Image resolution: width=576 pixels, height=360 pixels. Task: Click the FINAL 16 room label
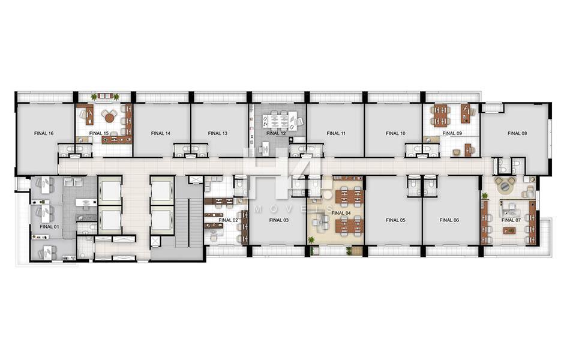[44, 133]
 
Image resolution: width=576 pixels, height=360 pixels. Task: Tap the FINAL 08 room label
[517, 133]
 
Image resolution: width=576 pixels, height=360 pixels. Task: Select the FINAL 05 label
[395, 220]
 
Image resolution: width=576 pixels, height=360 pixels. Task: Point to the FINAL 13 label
[218, 133]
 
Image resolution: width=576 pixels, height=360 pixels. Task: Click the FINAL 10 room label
[395, 133]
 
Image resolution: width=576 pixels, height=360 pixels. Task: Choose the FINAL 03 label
[279, 220]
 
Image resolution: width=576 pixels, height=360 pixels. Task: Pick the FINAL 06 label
[449, 220]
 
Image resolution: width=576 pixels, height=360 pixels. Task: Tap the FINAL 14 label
[161, 133]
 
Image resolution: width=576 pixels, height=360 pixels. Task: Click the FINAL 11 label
[336, 133]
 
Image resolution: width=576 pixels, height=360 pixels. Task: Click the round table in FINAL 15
[109, 118]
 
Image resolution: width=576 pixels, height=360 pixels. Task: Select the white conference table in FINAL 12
[276, 121]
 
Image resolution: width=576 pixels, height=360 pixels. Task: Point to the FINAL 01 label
[49, 227]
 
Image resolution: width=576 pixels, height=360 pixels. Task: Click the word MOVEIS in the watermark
[292, 209]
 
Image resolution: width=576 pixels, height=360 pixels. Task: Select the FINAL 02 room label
[228, 220]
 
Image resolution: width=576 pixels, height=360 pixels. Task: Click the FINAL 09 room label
[452, 133]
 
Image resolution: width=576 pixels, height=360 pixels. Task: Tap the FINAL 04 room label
[341, 213]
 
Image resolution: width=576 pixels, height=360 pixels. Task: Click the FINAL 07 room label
[511, 220]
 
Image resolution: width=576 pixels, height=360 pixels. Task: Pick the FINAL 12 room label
[276, 133]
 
